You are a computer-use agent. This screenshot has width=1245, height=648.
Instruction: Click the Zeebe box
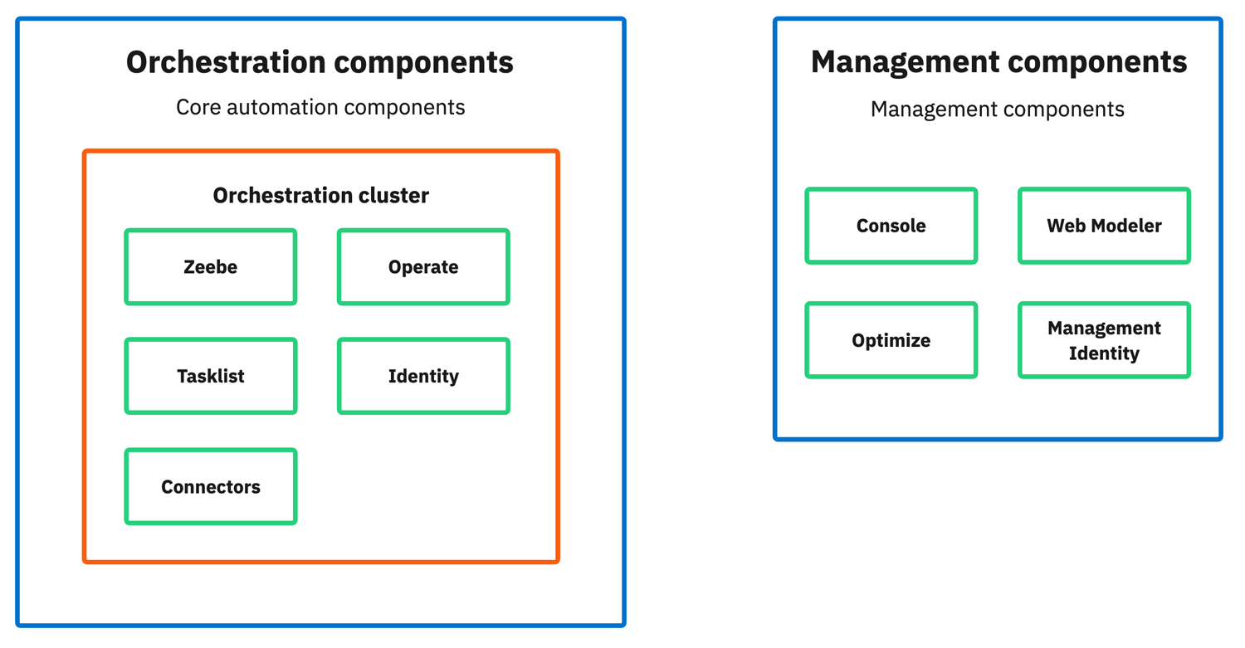click(211, 267)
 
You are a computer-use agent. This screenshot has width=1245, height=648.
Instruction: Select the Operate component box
click(423, 267)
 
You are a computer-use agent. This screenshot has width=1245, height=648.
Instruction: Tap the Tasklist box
click(211, 376)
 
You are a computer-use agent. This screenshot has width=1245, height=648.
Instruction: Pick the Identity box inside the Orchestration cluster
click(423, 376)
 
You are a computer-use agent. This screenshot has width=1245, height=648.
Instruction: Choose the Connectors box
click(211, 487)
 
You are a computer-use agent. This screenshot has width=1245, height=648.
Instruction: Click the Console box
click(891, 226)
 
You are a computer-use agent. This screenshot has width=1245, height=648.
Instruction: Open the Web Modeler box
click(1104, 226)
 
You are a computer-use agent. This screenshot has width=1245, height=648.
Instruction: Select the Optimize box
click(891, 340)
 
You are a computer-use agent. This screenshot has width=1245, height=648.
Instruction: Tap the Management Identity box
click(1104, 340)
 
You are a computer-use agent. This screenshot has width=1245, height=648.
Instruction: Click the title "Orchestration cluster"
click(320, 196)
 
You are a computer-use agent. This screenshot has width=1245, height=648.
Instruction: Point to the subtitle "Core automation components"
click(320, 107)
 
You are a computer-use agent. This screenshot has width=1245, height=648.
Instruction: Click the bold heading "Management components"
click(998, 62)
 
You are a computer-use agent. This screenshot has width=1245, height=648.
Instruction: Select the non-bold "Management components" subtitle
click(997, 110)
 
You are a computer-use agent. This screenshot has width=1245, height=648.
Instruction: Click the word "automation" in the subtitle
click(280, 107)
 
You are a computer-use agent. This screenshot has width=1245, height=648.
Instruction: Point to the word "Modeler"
click(1125, 226)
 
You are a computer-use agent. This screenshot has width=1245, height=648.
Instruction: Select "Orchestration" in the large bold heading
click(226, 62)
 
